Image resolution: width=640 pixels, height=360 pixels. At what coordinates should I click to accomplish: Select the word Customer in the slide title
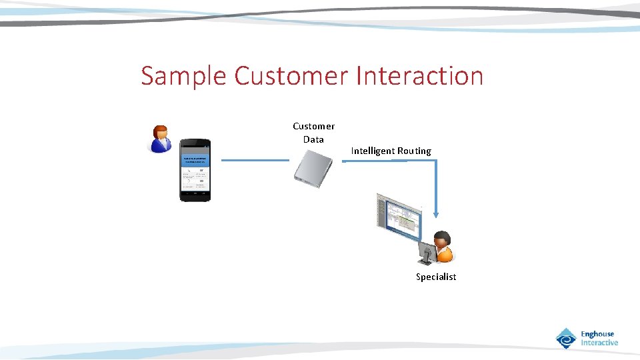pyautogui.click(x=291, y=76)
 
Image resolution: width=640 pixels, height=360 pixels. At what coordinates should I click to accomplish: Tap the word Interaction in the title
pyautogui.click(x=419, y=76)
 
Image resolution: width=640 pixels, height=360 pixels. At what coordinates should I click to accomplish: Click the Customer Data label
pyautogui.click(x=313, y=133)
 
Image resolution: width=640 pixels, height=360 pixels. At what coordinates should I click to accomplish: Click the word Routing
pyautogui.click(x=414, y=151)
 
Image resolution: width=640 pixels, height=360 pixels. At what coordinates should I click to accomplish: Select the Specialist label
pyautogui.click(x=436, y=277)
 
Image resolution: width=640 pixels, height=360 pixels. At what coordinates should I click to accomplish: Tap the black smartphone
pyautogui.click(x=195, y=170)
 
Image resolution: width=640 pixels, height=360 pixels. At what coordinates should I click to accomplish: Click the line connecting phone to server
pyautogui.click(x=255, y=160)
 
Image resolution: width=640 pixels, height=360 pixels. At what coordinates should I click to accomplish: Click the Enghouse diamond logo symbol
pyautogui.click(x=566, y=339)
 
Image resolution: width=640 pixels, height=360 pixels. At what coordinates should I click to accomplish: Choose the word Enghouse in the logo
pyautogui.click(x=597, y=334)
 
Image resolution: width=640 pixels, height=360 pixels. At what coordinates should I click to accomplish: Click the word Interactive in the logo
pyautogui.click(x=599, y=343)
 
